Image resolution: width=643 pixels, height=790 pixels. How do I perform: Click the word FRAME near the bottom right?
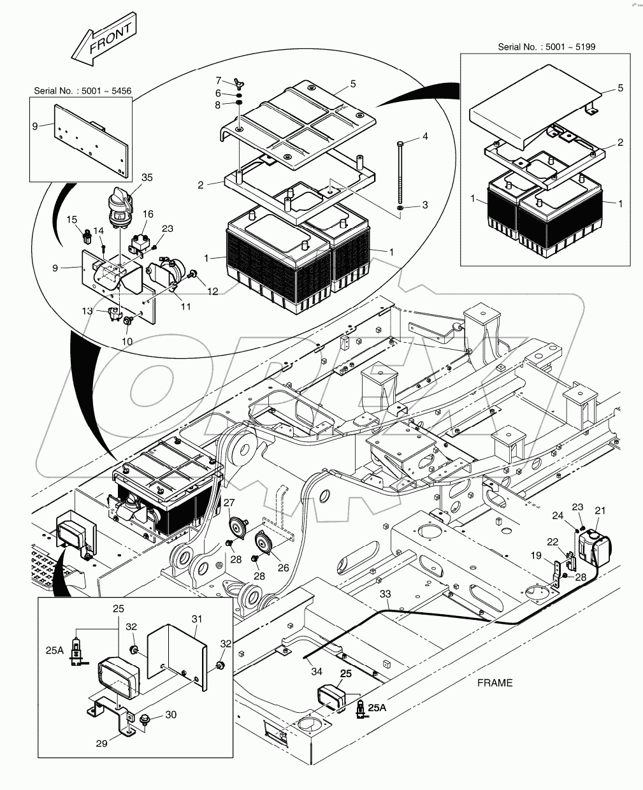coord(495,683)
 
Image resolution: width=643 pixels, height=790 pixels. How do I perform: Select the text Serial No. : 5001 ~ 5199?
coord(546,47)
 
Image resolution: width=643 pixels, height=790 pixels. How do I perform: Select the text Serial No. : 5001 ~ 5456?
coord(82,91)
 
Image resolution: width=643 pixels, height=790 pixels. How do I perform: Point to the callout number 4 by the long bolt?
coord(424,137)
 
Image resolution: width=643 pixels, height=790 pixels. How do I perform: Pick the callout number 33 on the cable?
coord(385,594)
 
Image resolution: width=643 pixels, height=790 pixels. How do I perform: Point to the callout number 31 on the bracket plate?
coord(196,619)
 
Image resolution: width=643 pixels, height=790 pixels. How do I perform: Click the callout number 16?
coord(148,214)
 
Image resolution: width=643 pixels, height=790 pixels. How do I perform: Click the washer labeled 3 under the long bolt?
coord(400,208)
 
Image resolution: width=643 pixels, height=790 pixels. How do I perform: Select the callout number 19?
coord(538,556)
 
